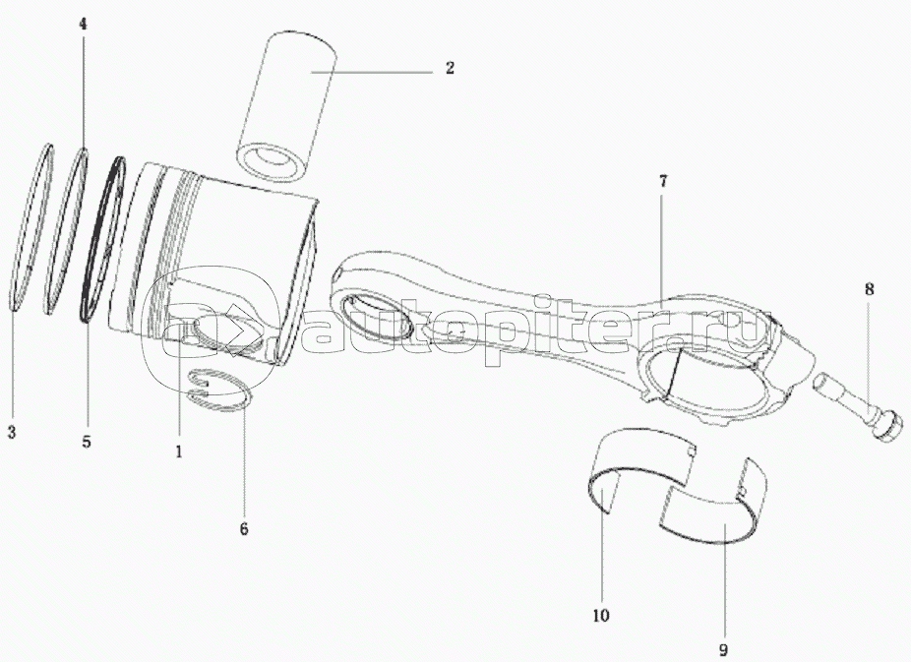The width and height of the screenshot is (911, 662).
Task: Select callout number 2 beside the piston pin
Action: (x=449, y=68)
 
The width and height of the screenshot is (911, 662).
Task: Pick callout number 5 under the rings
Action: (x=86, y=442)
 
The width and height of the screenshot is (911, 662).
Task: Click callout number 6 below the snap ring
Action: (x=243, y=528)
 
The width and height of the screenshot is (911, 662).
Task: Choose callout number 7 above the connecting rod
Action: (x=662, y=181)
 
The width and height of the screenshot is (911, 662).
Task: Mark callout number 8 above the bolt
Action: (x=869, y=289)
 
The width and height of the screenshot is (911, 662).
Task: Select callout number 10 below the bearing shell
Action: (x=601, y=616)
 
